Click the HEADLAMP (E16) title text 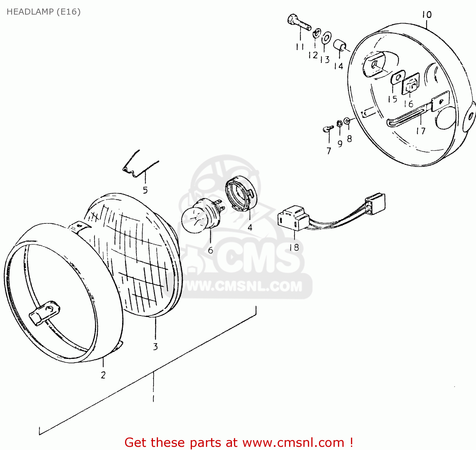click(x=43, y=12)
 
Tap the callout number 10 click(x=426, y=15)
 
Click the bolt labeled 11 click(x=299, y=22)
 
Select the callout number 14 click(x=339, y=66)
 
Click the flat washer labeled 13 click(x=327, y=38)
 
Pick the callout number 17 click(x=421, y=131)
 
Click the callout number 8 click(x=349, y=139)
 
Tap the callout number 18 click(x=294, y=247)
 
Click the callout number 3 click(x=155, y=347)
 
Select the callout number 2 click(x=103, y=375)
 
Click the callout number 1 click(x=153, y=398)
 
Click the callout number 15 click(x=393, y=99)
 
